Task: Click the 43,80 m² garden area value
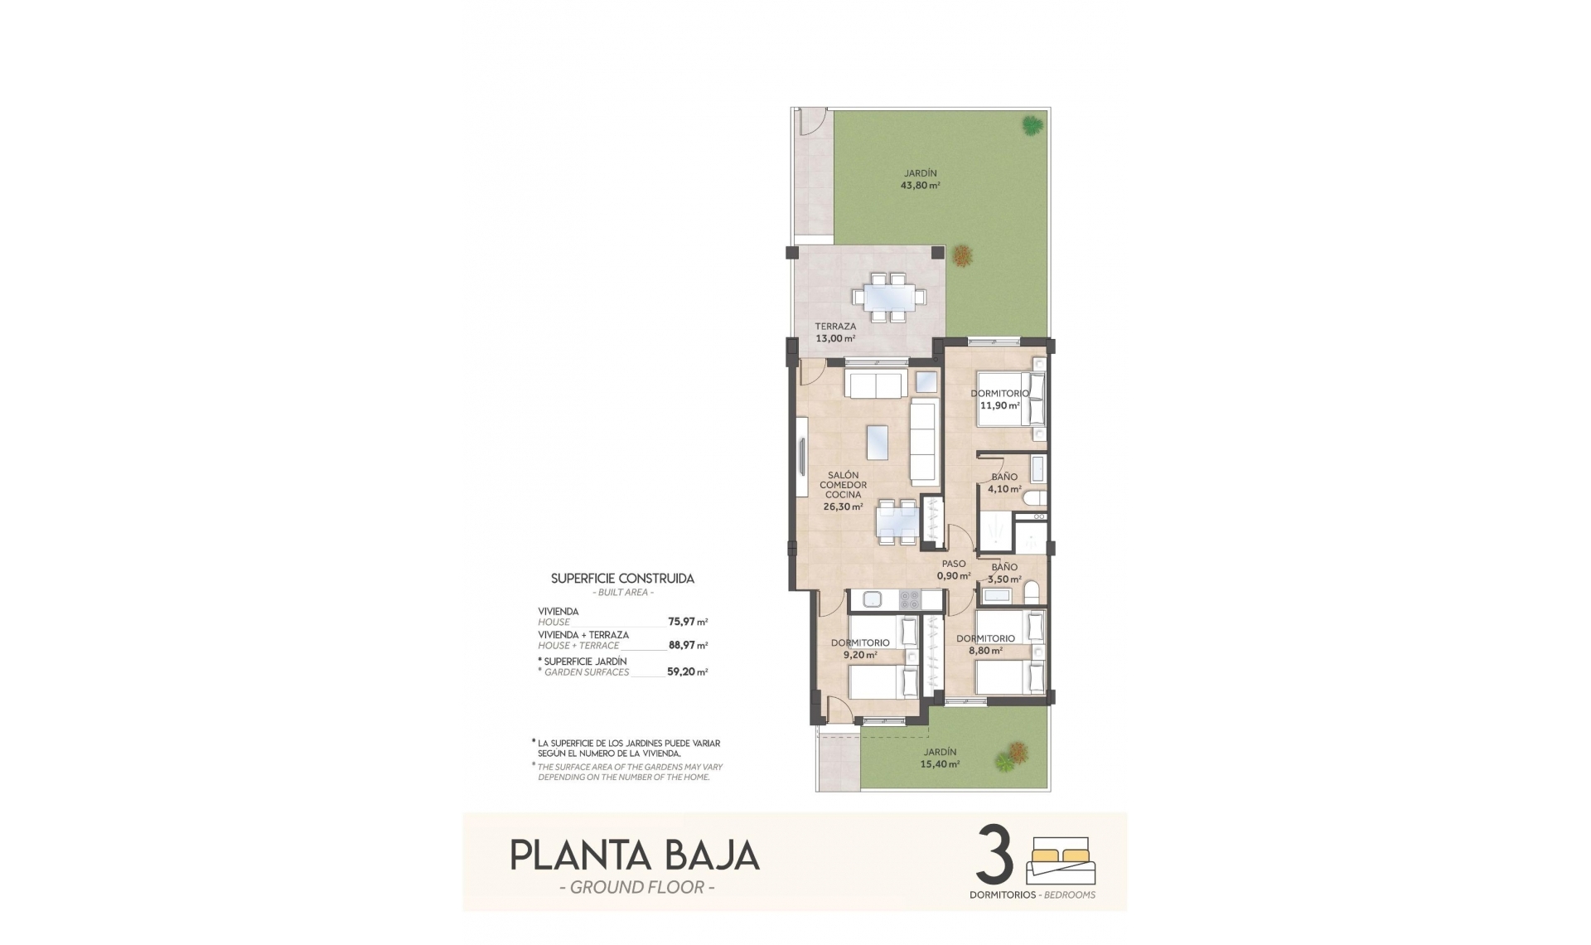920,186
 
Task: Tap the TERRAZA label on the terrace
834,327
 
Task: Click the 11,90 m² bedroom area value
999,406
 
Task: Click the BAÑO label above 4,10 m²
1004,477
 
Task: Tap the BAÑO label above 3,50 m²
1004,568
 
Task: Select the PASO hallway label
953,565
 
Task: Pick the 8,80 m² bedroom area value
985,651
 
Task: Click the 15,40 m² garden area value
941,764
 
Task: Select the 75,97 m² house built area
688,621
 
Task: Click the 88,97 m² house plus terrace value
688,645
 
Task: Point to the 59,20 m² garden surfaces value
688,672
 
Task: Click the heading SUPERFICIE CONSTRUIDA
622,579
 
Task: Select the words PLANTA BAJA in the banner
635,856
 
